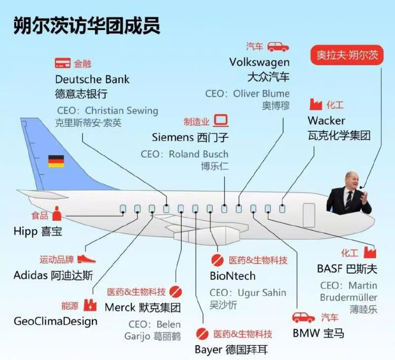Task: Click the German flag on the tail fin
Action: pyautogui.click(x=56, y=161)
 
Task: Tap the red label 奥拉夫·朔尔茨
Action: pyautogui.click(x=350, y=55)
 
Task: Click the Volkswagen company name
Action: pyautogui.click(x=259, y=62)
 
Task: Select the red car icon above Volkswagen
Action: pyautogui.click(x=278, y=47)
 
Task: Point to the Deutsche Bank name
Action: pyautogui.click(x=92, y=79)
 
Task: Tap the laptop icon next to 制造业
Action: pyautogui.click(x=220, y=121)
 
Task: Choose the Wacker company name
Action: pyautogui.click(x=326, y=120)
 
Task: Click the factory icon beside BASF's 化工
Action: pyautogui.click(x=369, y=252)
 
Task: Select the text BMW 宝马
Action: pyautogui.click(x=318, y=333)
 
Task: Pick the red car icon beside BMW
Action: pyautogui.click(x=303, y=317)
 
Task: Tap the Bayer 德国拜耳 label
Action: pyautogui.click(x=232, y=350)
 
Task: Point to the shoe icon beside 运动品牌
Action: pyautogui.click(x=86, y=259)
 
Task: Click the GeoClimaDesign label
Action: pyautogui.click(x=55, y=321)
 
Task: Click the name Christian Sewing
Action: pyautogui.click(x=121, y=110)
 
